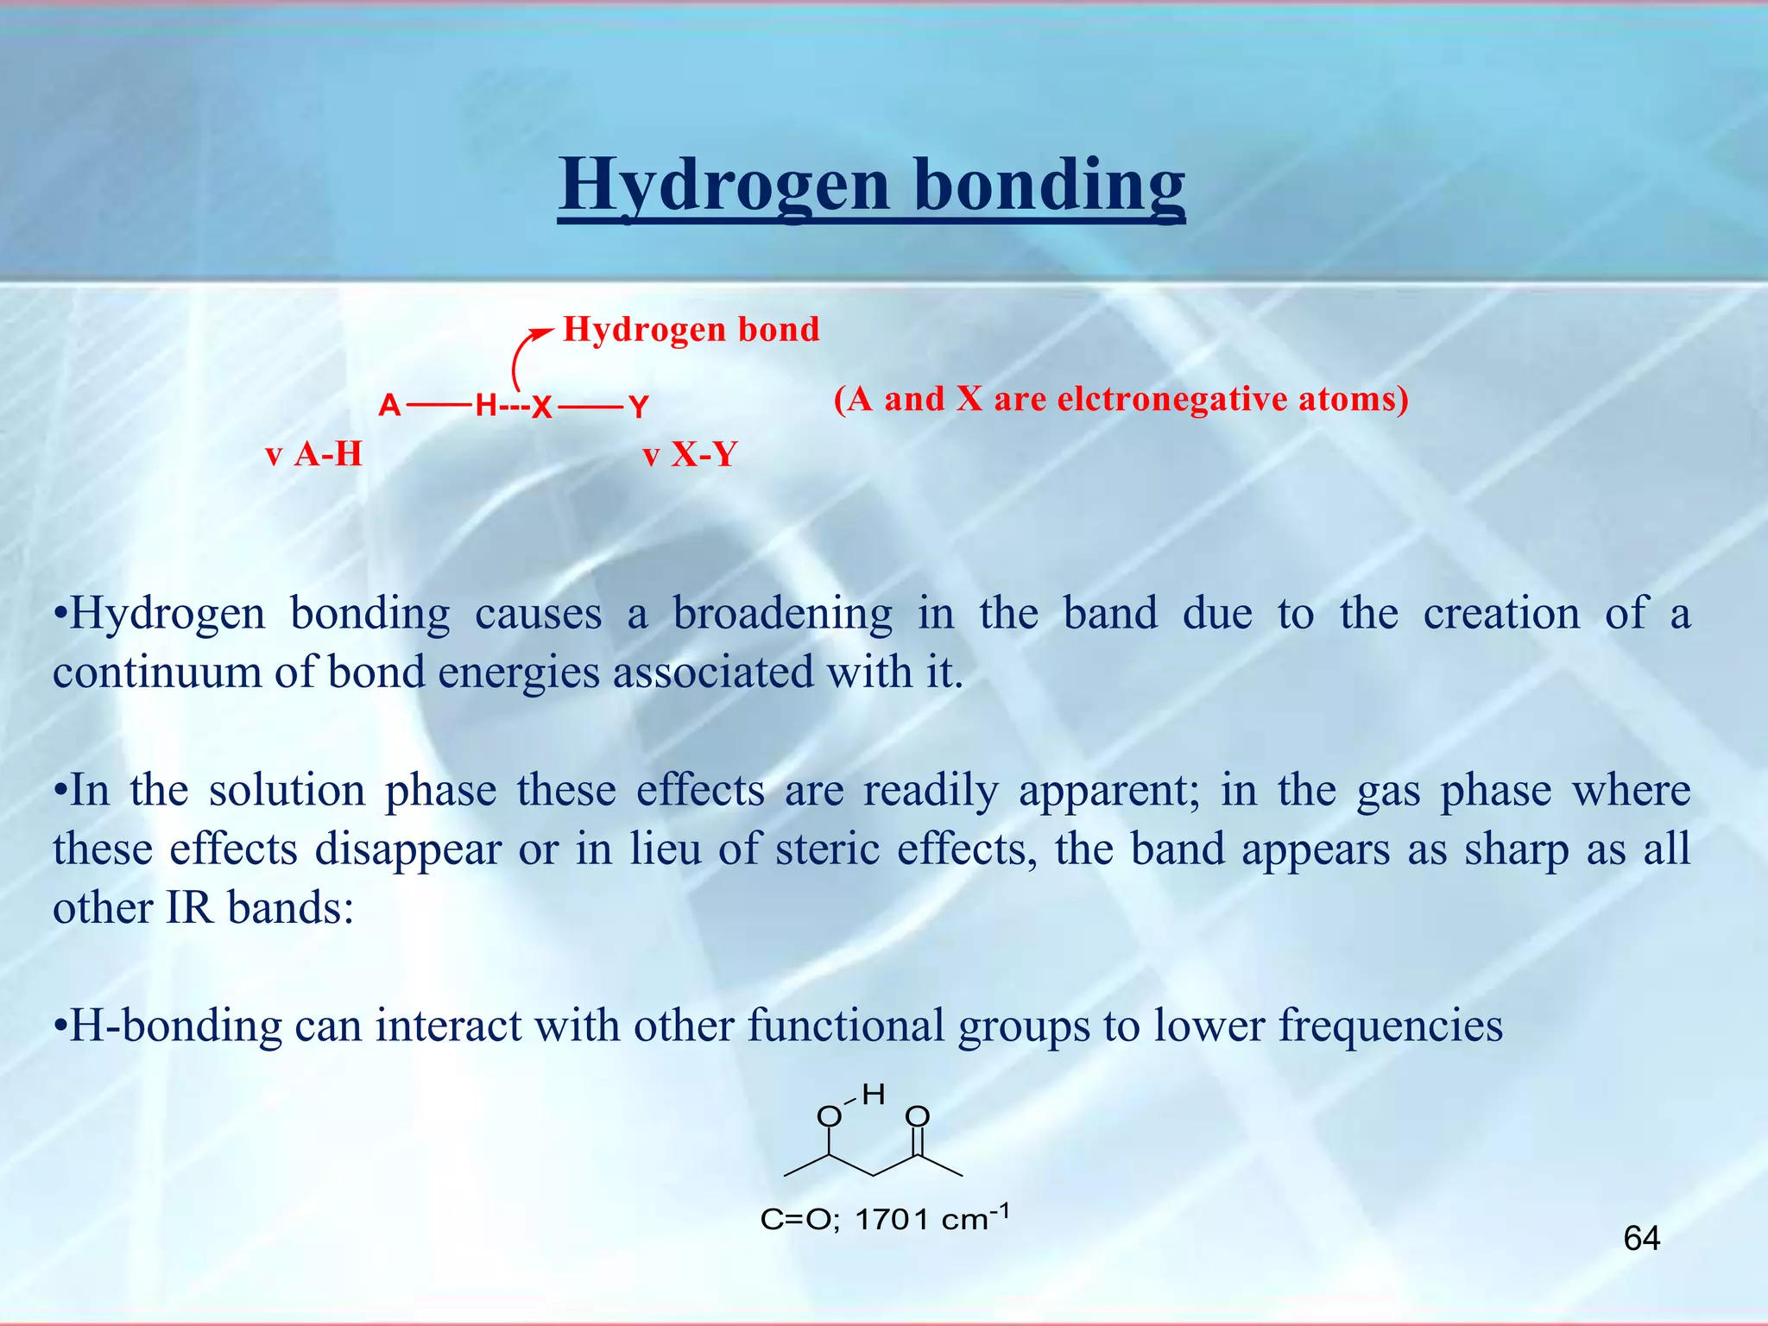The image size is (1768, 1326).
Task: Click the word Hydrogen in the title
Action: coord(723,185)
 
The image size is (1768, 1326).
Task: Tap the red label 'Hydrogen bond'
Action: coord(691,330)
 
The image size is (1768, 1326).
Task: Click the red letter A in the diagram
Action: coord(389,405)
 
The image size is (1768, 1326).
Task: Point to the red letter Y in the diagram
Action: coord(638,406)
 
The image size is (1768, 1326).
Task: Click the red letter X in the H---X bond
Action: coord(541,407)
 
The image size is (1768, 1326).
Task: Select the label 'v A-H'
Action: coord(313,454)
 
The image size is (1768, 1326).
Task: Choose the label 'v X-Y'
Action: coord(689,454)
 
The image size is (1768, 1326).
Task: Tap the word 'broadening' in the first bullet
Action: coord(782,614)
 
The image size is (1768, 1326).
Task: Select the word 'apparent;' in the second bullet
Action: coord(1108,791)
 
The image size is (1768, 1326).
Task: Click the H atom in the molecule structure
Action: coord(874,1095)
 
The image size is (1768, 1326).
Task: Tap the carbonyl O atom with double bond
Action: coord(918,1117)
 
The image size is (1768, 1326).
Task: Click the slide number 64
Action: coord(1641,1239)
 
